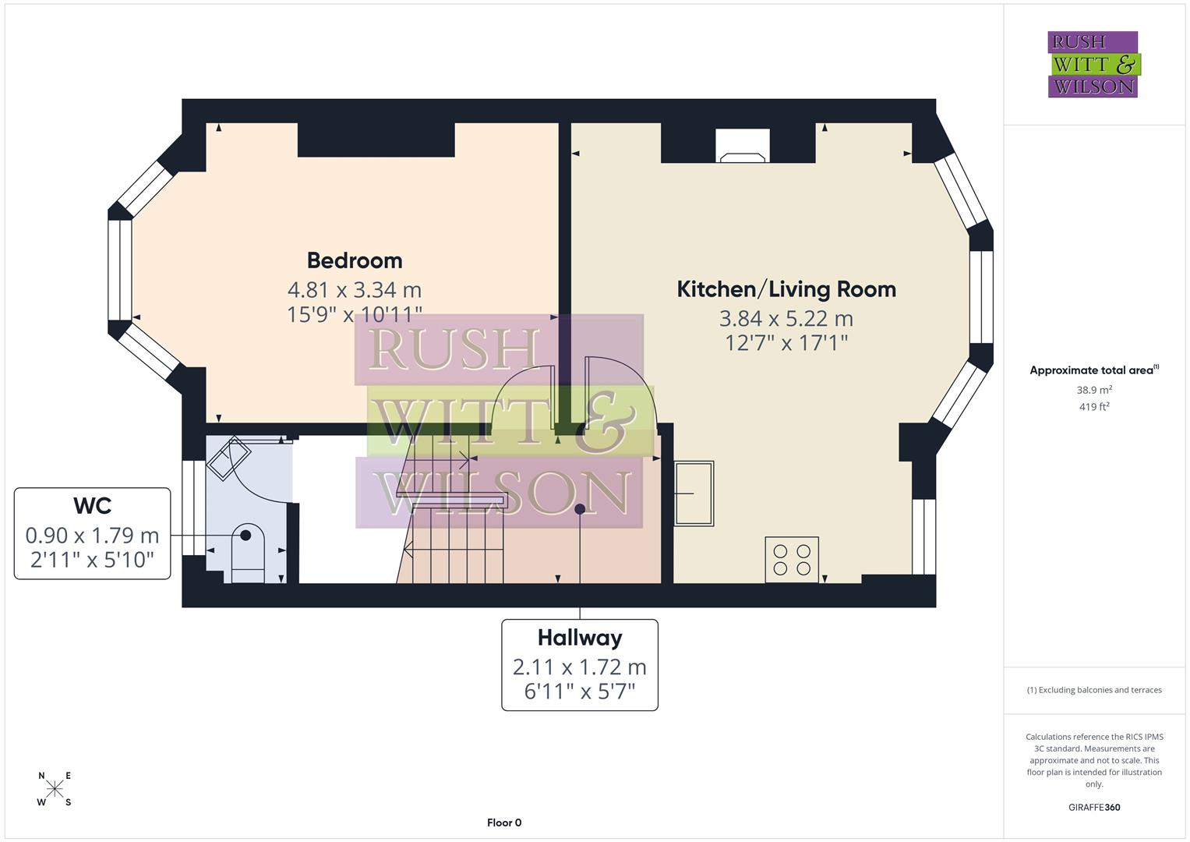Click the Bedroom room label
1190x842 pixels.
(x=354, y=260)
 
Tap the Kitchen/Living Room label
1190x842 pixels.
(x=786, y=289)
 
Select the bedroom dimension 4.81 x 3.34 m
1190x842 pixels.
(x=354, y=290)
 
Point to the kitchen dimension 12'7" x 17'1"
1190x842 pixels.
(x=786, y=342)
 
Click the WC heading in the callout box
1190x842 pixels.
(x=92, y=506)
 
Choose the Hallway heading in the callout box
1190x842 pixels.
(x=579, y=638)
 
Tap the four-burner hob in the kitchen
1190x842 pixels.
(x=792, y=559)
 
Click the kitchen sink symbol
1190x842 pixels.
(x=694, y=493)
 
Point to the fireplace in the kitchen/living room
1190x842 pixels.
(x=742, y=148)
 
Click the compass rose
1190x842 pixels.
(x=55, y=789)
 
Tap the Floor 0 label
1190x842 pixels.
(x=503, y=823)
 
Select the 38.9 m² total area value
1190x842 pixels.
(x=1093, y=390)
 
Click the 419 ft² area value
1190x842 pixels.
(x=1093, y=407)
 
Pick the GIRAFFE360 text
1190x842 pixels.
(x=1093, y=807)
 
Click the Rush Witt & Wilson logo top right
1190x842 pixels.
(x=1093, y=65)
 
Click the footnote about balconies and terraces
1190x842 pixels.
(x=1093, y=690)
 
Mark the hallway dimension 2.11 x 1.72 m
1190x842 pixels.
(x=579, y=667)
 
